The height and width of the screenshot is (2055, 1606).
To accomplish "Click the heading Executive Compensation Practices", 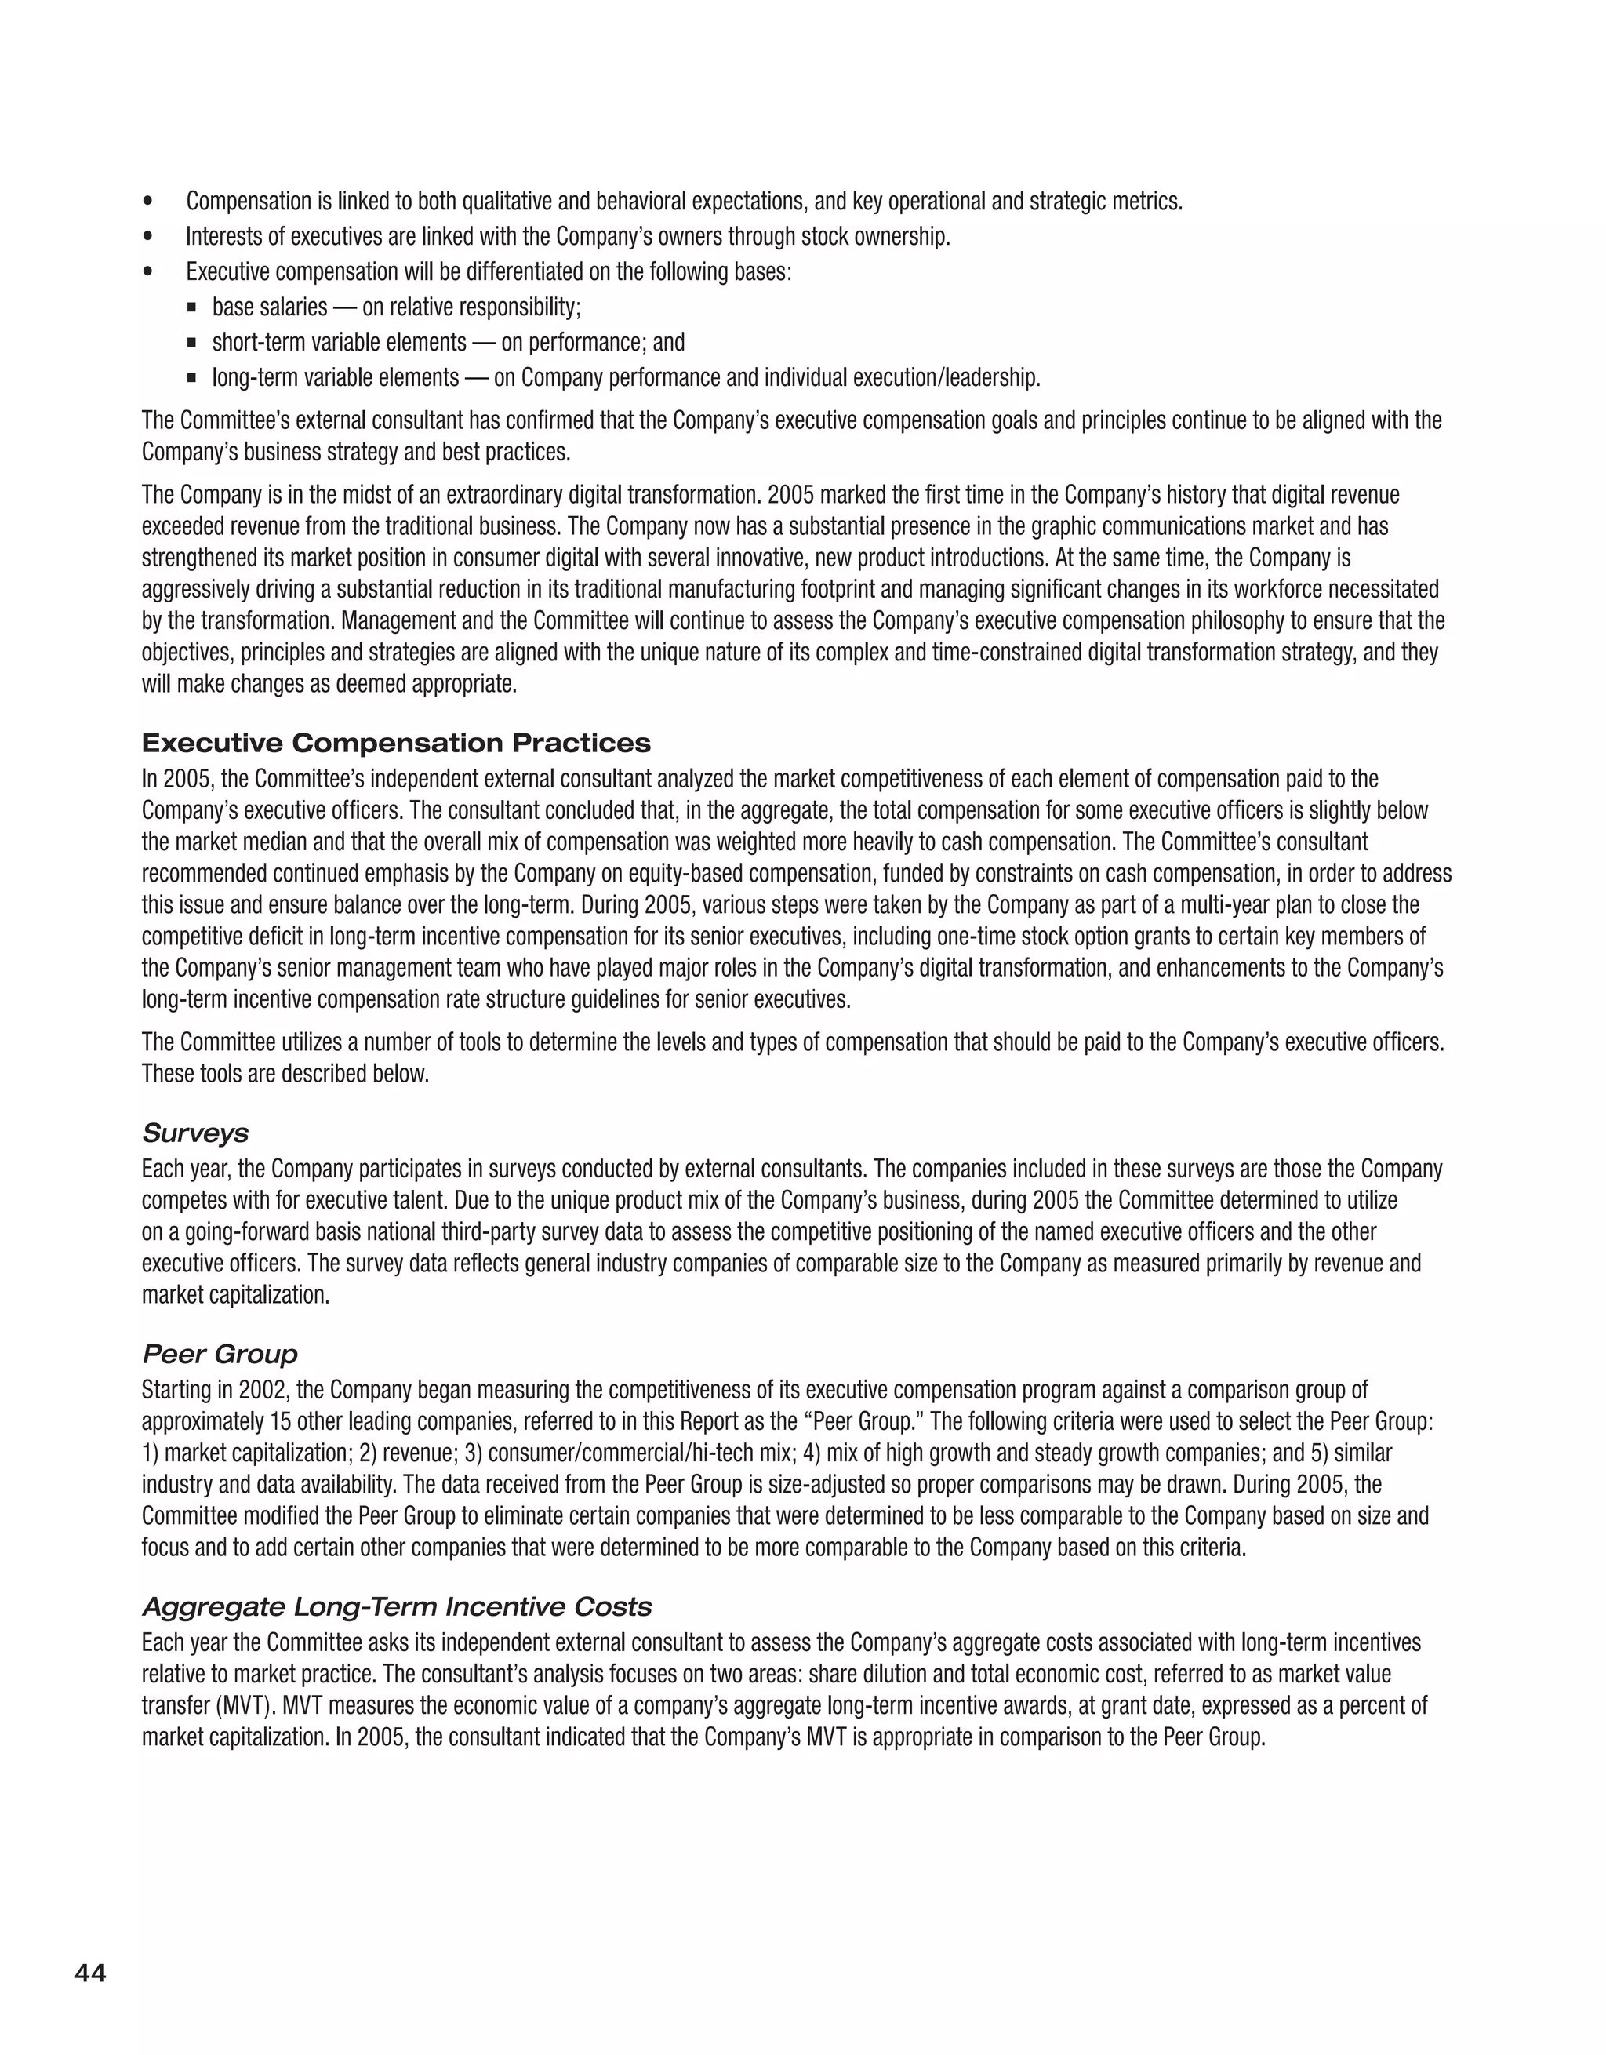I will (x=396, y=744).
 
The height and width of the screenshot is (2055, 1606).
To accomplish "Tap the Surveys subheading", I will (x=194, y=1133).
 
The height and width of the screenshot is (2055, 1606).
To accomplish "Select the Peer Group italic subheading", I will (x=220, y=1354).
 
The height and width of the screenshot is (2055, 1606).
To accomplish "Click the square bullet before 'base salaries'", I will (x=192, y=307).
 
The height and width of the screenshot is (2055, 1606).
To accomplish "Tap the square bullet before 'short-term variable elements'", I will (x=192, y=343).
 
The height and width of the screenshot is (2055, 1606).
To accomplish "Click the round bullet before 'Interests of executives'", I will (x=147, y=237).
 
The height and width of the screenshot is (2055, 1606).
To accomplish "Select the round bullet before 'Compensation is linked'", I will (x=147, y=202).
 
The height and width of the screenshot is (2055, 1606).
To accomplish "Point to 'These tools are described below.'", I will (x=285, y=1074).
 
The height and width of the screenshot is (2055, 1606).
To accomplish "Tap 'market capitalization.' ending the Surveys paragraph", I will (x=235, y=1295).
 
